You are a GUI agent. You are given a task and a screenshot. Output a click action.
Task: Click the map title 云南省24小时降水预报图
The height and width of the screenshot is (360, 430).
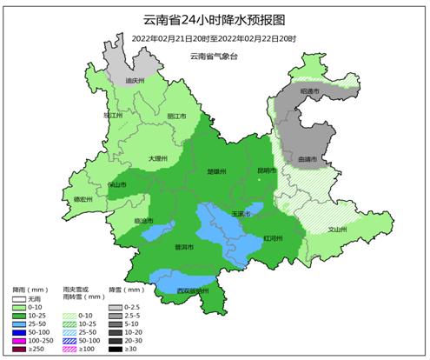(214, 19)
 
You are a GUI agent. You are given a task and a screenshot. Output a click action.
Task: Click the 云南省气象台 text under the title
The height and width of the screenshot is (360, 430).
(214, 56)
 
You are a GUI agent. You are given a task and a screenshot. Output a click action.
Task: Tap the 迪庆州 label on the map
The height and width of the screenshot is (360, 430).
(133, 80)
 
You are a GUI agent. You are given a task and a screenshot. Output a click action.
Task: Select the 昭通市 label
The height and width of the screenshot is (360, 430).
(310, 90)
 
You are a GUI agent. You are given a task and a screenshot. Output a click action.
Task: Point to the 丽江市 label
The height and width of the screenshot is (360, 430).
(176, 116)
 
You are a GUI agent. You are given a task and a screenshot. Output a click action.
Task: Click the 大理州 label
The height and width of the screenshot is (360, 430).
(157, 158)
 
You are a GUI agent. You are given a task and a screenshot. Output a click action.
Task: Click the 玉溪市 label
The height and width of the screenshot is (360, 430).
(241, 213)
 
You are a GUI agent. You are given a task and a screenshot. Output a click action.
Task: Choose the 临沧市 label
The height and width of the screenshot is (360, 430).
(145, 220)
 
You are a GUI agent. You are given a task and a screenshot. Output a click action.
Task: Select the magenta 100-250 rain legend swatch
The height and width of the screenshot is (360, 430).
(19, 340)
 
